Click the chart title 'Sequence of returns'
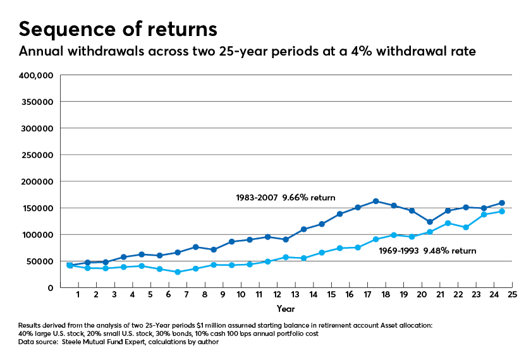tap(118, 29)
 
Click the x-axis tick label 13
tap(295, 295)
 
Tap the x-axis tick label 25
tap(512, 295)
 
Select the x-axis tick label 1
tap(78, 295)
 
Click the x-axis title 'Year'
tap(285, 309)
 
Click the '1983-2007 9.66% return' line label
tap(285, 198)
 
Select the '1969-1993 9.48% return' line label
tap(427, 251)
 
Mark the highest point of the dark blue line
tap(375, 201)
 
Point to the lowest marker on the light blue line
tap(178, 272)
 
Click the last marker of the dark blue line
tap(502, 203)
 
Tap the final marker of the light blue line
tap(502, 212)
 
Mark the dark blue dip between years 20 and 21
tap(430, 222)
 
